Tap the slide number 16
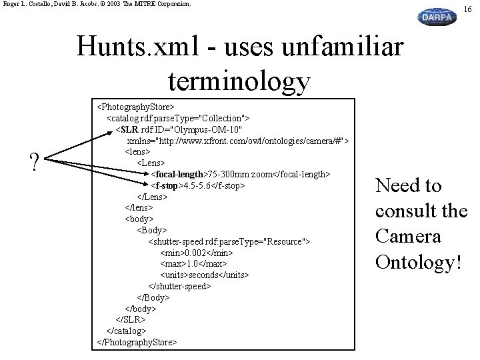point(468,8)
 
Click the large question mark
point(33,161)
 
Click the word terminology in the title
point(239,80)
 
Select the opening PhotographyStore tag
point(135,106)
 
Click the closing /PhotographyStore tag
point(137,342)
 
